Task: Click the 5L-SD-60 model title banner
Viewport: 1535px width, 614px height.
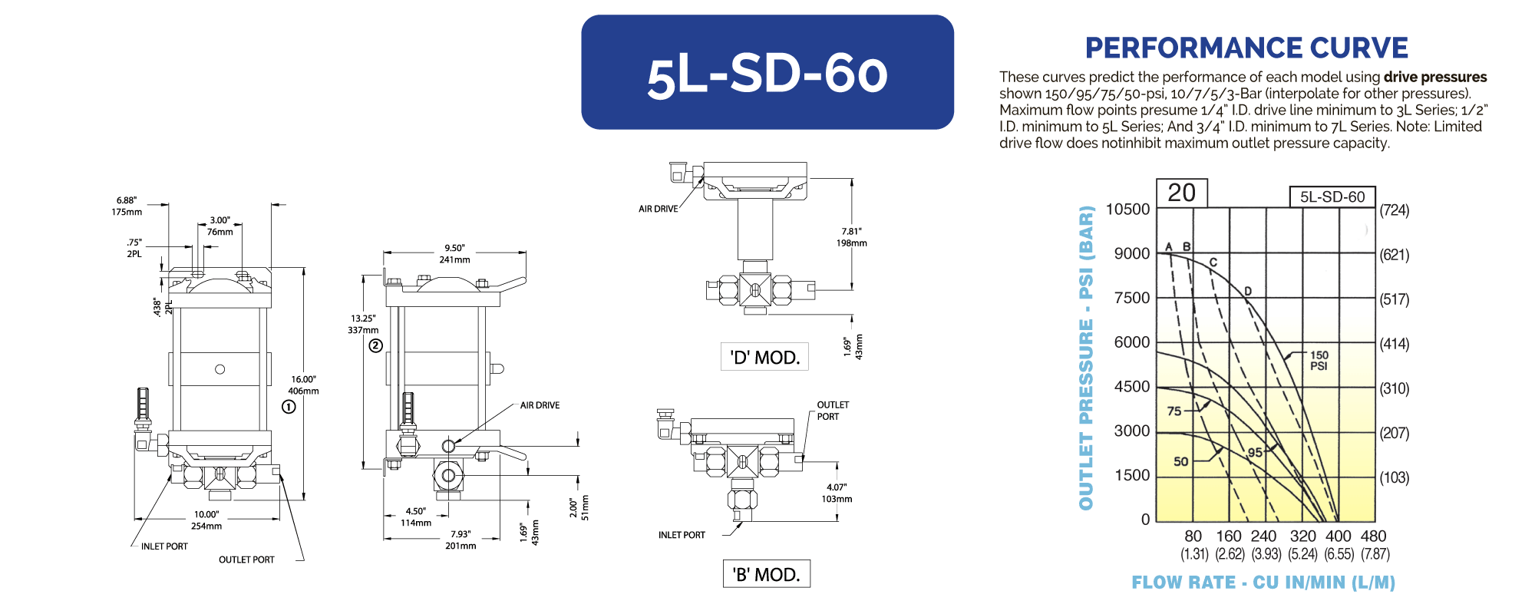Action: (767, 72)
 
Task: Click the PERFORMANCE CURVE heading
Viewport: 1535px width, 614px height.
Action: (1246, 48)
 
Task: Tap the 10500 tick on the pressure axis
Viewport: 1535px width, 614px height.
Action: (1127, 210)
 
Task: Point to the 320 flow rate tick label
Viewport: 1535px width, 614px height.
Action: (1302, 536)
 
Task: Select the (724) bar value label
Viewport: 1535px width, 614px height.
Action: (1395, 210)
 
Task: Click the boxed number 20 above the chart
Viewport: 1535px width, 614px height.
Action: (1182, 193)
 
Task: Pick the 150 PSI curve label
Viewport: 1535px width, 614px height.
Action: (1319, 361)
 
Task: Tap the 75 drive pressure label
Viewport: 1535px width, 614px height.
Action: (1174, 411)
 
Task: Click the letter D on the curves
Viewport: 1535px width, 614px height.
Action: (1248, 291)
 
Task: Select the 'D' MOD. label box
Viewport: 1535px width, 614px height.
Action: (764, 357)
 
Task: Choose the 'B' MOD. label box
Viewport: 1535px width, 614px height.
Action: (766, 574)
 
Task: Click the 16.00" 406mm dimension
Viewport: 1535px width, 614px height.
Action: (304, 385)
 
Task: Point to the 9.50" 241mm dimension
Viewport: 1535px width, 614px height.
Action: (454, 254)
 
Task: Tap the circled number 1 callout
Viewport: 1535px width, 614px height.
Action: (289, 407)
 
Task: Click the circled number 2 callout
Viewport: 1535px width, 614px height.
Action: (375, 345)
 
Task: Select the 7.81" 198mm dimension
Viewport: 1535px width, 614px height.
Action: (852, 237)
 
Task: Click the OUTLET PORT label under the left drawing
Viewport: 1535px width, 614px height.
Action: (246, 560)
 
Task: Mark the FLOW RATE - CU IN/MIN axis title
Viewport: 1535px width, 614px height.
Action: (1263, 583)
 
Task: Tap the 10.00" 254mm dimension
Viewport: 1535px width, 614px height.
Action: (206, 520)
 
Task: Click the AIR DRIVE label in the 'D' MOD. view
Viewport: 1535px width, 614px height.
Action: (659, 209)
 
